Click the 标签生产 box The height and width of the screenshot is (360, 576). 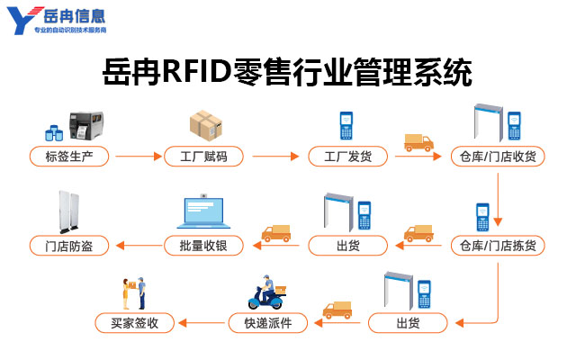pos(70,157)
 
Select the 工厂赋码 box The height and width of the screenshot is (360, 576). pos(203,157)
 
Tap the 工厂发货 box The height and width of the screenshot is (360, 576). pos(347,157)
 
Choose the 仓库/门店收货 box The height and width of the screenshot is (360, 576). pos(498,157)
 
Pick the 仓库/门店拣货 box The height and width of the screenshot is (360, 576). pos(498,245)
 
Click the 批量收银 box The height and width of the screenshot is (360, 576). pos(203,245)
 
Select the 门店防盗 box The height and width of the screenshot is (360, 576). pos(70,245)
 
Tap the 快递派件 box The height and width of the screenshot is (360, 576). pos(267,322)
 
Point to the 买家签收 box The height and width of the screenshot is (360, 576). pos(135,322)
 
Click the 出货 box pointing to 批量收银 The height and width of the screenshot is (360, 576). pos(347,245)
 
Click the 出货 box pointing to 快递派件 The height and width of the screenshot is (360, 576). pos(407,322)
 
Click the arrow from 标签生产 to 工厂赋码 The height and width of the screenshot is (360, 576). pos(137,157)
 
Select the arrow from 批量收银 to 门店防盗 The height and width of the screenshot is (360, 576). pos(137,245)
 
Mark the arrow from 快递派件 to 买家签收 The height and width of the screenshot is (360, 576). pos(201,322)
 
